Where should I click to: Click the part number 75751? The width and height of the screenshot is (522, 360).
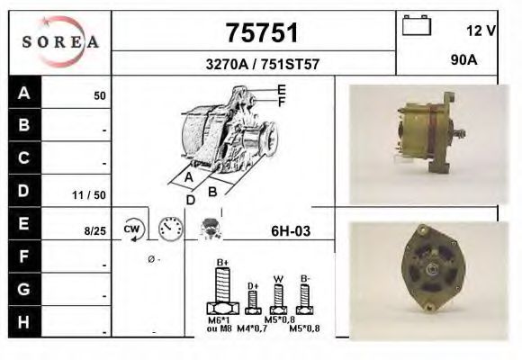point(253,33)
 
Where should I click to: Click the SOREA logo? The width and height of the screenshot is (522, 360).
point(60,42)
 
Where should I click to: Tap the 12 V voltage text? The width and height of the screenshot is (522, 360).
point(481,31)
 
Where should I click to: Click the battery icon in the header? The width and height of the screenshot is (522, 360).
point(417,25)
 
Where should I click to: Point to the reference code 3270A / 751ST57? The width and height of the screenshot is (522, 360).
point(254,65)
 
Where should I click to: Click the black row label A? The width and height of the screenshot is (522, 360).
point(24,93)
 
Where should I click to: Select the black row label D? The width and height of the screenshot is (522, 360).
point(24,191)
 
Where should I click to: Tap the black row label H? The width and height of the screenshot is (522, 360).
point(24,321)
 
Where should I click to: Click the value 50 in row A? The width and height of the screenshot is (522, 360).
point(100,94)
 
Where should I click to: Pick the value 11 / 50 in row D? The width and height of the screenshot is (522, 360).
point(92,193)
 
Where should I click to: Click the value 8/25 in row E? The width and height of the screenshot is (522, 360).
point(94,231)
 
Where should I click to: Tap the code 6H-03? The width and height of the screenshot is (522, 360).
point(291,231)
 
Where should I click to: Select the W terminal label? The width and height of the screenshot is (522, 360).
point(279,278)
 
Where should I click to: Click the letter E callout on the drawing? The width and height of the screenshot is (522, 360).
point(282,89)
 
